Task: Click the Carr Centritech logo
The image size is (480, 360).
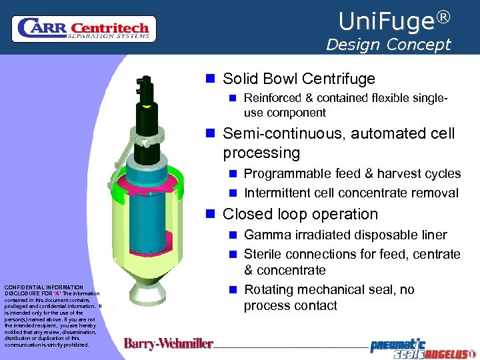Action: click(84, 29)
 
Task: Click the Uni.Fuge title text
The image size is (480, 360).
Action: click(386, 22)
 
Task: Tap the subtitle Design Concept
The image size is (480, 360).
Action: click(388, 45)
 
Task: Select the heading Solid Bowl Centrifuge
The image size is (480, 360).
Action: click(299, 79)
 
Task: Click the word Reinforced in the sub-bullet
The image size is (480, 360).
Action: click(275, 97)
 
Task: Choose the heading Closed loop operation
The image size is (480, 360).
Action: click(300, 214)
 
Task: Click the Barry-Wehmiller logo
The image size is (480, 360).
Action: click(169, 344)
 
